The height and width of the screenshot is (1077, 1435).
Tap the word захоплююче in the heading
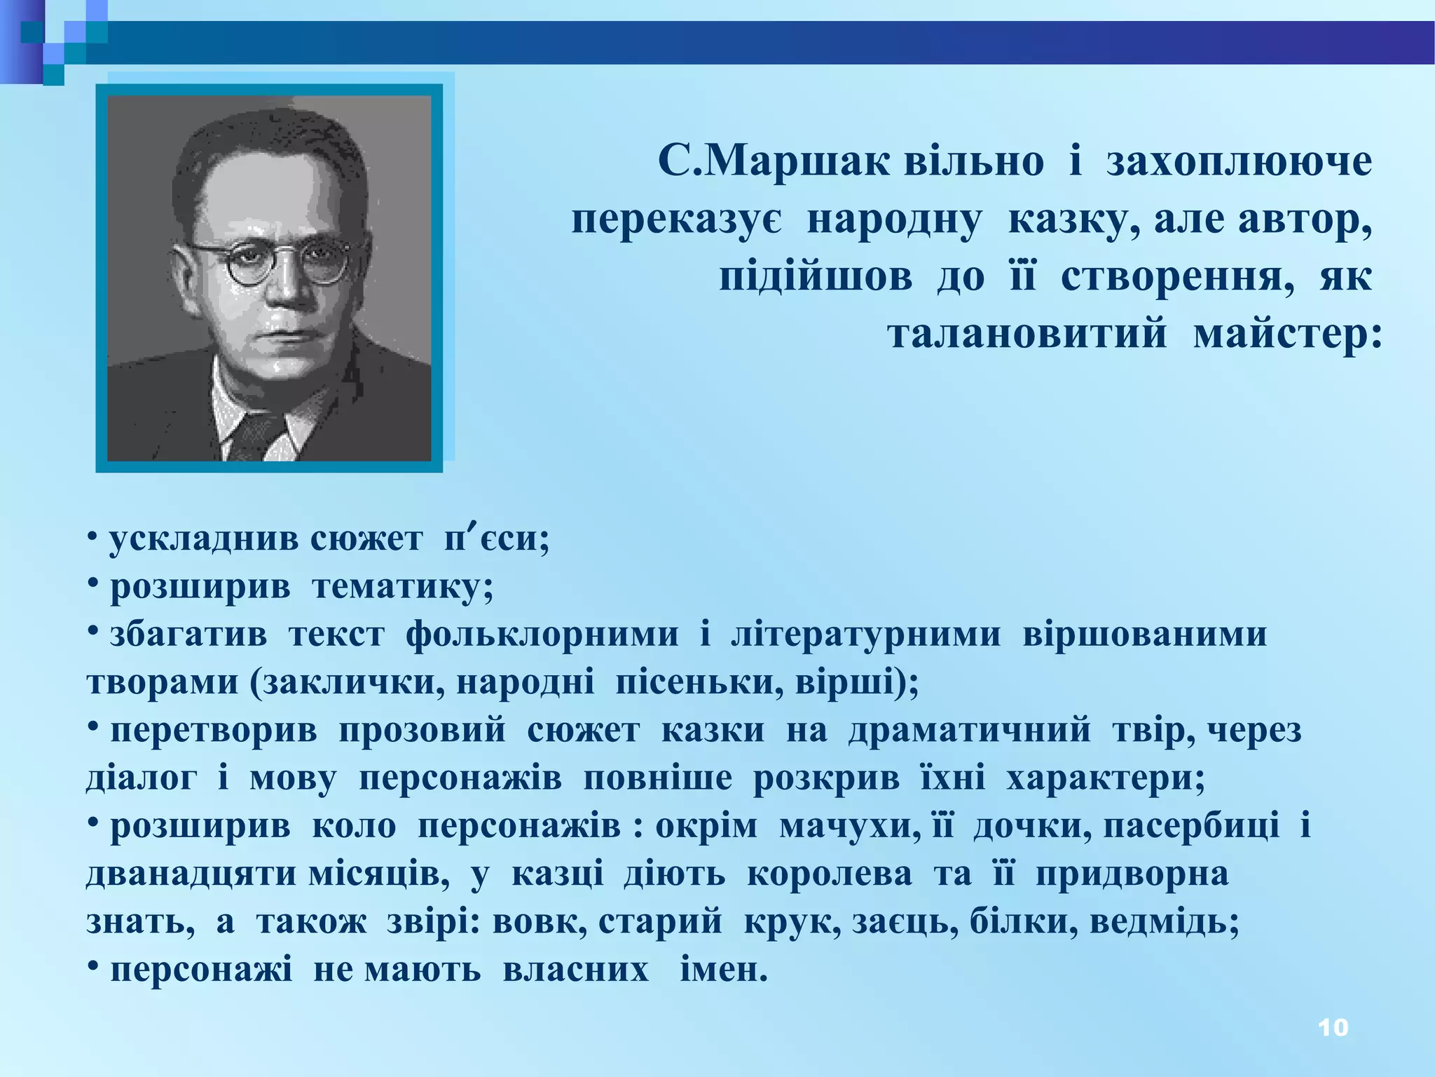pos(1239,163)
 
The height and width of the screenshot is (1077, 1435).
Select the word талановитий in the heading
pos(1028,333)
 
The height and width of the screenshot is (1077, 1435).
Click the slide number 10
pos(1333,1027)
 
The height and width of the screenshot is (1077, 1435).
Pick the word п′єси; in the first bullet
pos(497,538)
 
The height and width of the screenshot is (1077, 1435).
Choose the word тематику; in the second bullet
pos(403,586)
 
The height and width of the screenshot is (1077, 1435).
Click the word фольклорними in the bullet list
pos(542,634)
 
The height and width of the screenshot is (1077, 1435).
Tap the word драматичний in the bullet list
pos(969,730)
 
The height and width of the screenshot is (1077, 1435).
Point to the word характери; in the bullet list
pos(1106,778)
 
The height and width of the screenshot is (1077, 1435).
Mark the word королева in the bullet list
pos(830,874)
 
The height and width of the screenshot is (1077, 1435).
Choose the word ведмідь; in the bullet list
pos(1164,922)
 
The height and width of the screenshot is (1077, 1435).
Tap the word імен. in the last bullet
pos(724,970)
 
